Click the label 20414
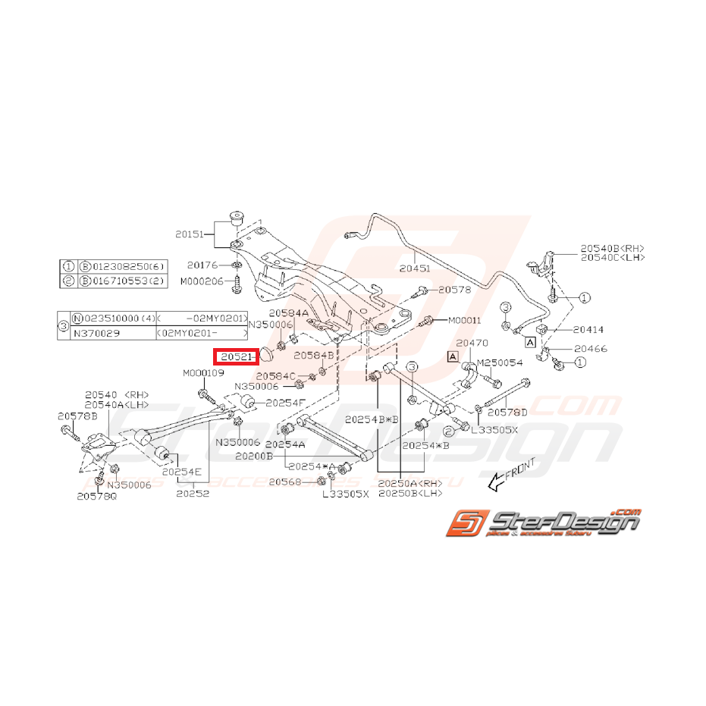[x=588, y=330]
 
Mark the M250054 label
[x=499, y=363]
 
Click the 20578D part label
[x=507, y=413]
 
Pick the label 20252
[x=191, y=493]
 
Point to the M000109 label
[x=203, y=373]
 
